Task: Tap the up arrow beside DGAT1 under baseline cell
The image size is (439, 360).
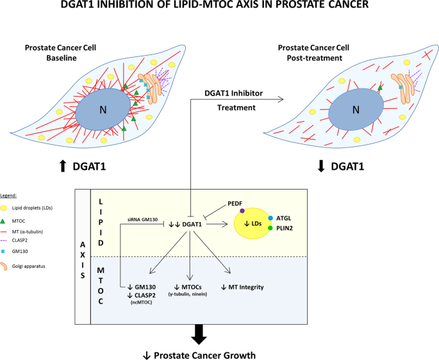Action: point(62,167)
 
